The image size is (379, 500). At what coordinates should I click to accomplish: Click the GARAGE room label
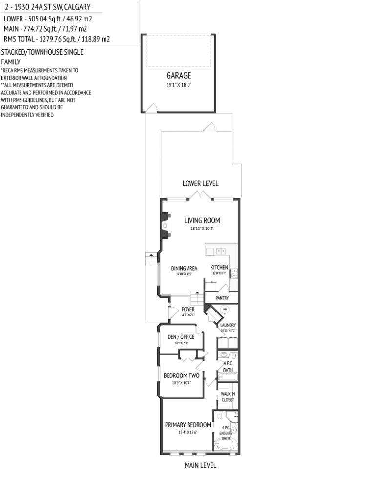click(x=178, y=76)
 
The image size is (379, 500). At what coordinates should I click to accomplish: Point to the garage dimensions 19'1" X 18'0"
click(x=178, y=85)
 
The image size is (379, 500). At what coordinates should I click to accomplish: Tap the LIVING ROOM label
click(x=202, y=220)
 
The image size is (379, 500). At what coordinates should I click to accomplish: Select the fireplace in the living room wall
click(x=165, y=226)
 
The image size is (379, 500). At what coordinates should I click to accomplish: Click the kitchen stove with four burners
click(x=233, y=273)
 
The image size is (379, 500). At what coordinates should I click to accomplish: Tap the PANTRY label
click(x=222, y=298)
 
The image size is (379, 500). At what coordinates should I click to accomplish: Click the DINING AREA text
click(x=184, y=268)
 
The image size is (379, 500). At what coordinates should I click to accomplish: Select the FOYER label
click(x=188, y=309)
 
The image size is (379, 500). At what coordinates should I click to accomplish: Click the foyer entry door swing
click(x=172, y=312)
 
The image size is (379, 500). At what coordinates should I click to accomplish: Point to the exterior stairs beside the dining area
click(x=152, y=259)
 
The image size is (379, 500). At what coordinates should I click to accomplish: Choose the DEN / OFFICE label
click(x=181, y=337)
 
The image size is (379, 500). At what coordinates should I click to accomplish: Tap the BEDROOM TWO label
click(x=181, y=375)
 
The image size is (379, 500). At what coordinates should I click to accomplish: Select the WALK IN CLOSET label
click(x=228, y=396)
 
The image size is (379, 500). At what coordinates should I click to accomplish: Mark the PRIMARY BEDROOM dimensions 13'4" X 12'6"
click(x=188, y=433)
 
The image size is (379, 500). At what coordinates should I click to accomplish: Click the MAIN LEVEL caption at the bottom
click(x=200, y=465)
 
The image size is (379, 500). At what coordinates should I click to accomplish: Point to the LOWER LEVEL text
click(x=200, y=183)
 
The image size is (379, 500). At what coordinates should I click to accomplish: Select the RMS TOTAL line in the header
click(x=57, y=39)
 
